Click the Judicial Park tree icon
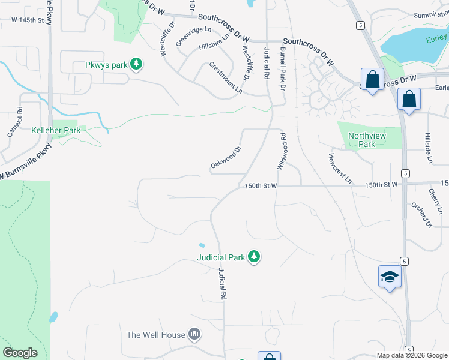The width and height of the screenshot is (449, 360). pyautogui.click(x=255, y=257)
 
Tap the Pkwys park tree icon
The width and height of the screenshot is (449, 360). pyautogui.click(x=136, y=64)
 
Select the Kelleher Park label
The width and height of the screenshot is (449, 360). pyautogui.click(x=56, y=130)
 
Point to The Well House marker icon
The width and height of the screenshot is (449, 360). pyautogui.click(x=194, y=334)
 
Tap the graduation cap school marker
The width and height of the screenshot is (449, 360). pyautogui.click(x=390, y=277)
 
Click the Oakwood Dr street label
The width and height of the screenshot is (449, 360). pyautogui.click(x=226, y=157)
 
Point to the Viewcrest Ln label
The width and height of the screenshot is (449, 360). pyautogui.click(x=340, y=169)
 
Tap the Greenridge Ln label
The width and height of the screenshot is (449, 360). pyautogui.click(x=194, y=37)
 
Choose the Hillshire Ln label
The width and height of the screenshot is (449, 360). pyautogui.click(x=214, y=46)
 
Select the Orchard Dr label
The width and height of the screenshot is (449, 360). pyautogui.click(x=422, y=214)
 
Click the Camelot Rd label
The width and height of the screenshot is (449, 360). pyautogui.click(x=16, y=122)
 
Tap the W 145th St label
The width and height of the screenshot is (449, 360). pyautogui.click(x=28, y=20)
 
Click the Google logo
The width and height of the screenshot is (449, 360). pyautogui.click(x=19, y=352)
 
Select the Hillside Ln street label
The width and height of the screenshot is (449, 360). pyautogui.click(x=429, y=148)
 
